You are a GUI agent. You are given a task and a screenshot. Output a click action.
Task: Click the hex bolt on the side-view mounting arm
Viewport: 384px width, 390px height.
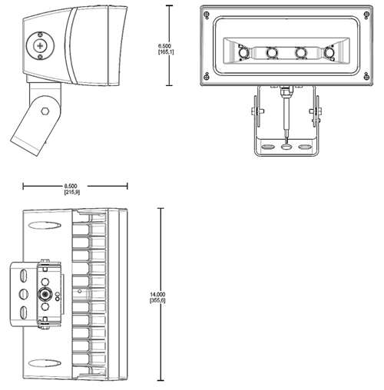pos(45,111)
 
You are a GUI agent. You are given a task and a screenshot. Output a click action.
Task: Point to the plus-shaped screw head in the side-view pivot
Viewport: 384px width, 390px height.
pos(40,46)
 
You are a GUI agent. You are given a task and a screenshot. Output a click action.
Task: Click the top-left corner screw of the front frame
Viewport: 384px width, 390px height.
pos(207,15)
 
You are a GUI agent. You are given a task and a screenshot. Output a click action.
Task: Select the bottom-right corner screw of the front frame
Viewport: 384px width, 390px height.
pos(366,76)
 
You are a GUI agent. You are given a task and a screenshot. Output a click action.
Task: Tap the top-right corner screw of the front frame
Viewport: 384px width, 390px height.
pos(366,15)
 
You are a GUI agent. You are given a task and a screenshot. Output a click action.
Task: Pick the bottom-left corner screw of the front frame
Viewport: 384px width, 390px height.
pos(207,76)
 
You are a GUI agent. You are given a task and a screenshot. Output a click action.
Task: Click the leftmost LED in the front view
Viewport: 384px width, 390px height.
pos(243,53)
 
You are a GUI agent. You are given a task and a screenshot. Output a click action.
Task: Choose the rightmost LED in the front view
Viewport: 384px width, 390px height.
pos(329,53)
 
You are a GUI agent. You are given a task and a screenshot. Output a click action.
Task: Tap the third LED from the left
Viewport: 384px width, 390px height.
pos(300,53)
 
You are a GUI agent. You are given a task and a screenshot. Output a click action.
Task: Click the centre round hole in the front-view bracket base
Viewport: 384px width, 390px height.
pos(286,147)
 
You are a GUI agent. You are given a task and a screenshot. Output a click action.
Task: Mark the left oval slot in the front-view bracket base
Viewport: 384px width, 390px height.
pos(267,147)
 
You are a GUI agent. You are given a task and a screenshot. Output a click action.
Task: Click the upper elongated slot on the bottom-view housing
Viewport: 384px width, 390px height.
pos(45,225)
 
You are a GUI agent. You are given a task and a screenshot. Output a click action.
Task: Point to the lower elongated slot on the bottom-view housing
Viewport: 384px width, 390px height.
pos(45,363)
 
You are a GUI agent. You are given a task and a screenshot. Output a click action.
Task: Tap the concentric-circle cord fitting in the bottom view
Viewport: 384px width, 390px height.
pos(45,294)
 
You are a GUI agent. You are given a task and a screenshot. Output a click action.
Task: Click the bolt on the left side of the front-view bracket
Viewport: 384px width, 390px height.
pos(257,111)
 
